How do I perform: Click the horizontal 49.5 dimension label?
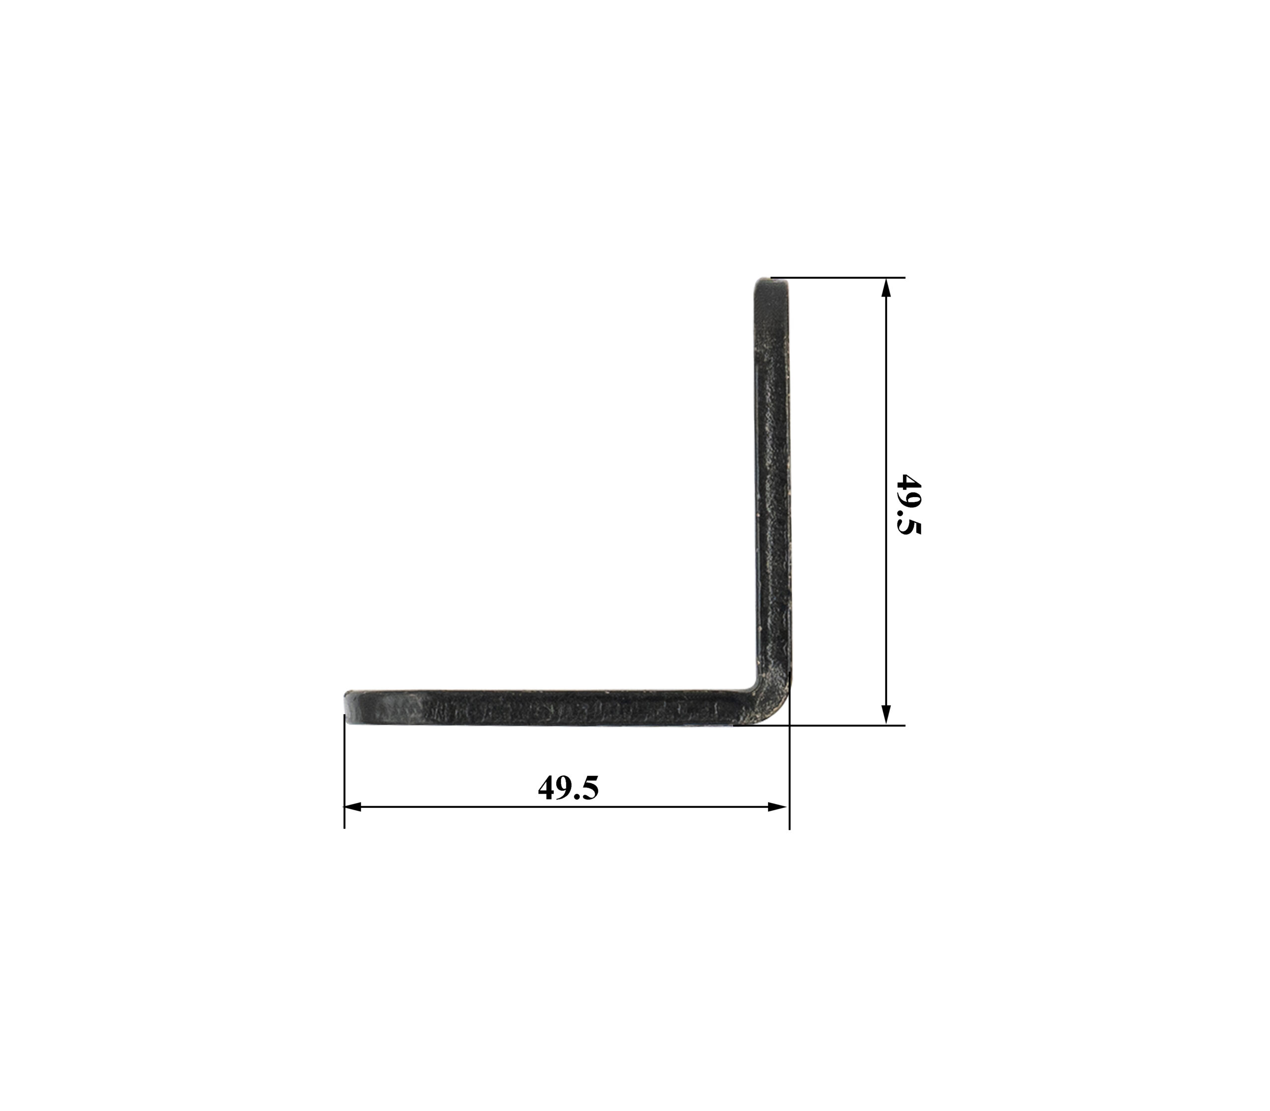(568, 788)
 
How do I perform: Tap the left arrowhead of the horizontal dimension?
(353, 806)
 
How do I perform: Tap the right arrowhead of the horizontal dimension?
(778, 806)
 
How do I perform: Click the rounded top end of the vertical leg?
(771, 287)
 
